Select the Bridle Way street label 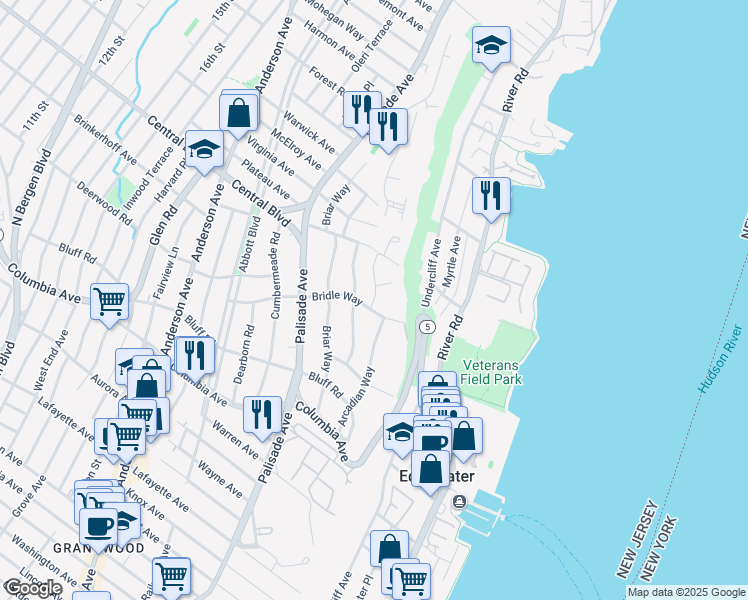pos(336,297)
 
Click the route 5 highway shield pos(427,327)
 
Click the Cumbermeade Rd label pos(275,275)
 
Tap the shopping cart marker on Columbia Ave pos(109,301)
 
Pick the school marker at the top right pos(491,45)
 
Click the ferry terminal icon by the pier pos(459,500)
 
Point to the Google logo pos(32,587)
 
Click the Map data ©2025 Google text pos(685,592)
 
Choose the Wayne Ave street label pos(219,478)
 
